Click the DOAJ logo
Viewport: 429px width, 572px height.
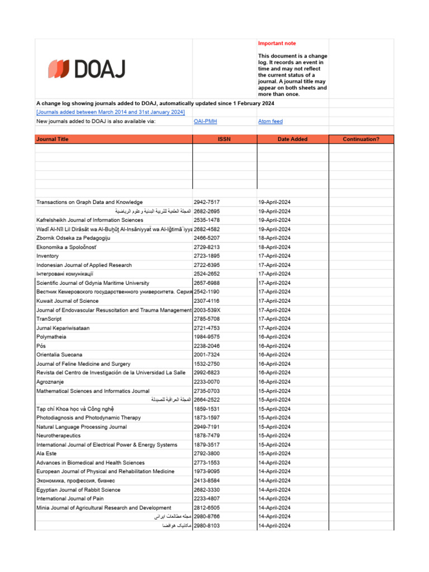[x=87, y=69]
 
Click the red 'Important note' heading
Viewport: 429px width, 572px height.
[x=277, y=44]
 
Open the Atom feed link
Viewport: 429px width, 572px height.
[x=270, y=121]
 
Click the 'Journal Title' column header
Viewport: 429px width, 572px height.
[x=53, y=139]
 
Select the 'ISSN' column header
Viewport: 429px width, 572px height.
[x=225, y=139]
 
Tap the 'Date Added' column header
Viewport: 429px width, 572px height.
[x=292, y=139]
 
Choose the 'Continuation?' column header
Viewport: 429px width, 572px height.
[x=361, y=139]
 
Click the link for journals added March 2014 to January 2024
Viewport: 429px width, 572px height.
[x=111, y=112]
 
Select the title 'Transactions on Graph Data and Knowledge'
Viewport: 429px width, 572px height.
[x=89, y=202]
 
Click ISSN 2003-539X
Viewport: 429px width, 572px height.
[x=207, y=310]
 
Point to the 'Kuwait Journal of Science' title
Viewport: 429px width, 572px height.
[x=67, y=301]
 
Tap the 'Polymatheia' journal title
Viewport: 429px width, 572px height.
[x=51, y=337]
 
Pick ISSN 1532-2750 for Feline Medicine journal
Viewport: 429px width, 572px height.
[x=207, y=364]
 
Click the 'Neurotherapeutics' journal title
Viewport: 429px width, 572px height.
[x=59, y=436]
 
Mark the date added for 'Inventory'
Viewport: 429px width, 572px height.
[x=274, y=256]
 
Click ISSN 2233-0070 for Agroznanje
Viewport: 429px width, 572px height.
[x=207, y=382]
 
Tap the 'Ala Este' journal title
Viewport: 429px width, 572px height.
[x=46, y=454]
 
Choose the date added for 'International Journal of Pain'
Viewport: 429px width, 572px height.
[x=274, y=499]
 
